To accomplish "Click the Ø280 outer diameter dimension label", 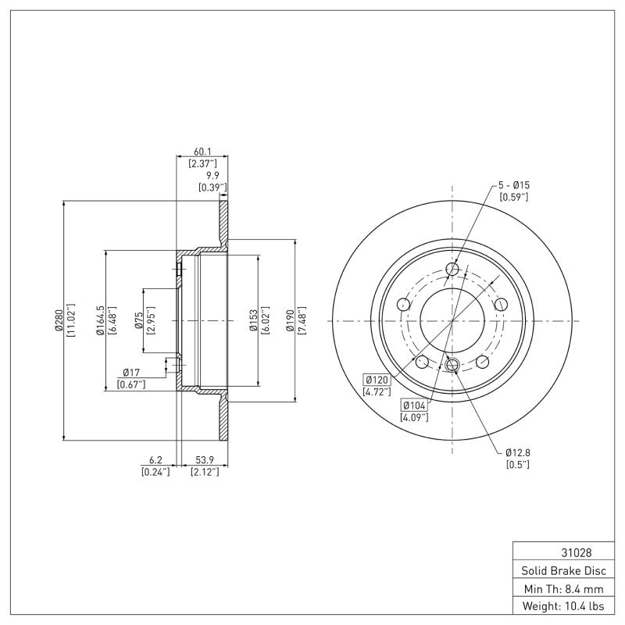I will click(x=59, y=320).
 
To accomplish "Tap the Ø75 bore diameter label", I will click(x=138, y=320).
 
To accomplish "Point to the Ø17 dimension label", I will click(x=130, y=373).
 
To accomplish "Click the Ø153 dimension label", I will click(x=254, y=320).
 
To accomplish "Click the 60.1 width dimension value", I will click(x=202, y=152).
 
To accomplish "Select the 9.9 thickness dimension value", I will click(x=212, y=176).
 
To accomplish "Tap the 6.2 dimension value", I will click(x=155, y=460).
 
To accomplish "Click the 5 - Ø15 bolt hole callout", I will click(x=514, y=185).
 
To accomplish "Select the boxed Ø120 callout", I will click(x=377, y=380).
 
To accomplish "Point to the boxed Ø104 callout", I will click(x=414, y=405).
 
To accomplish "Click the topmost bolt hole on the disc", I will click(x=452, y=270).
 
